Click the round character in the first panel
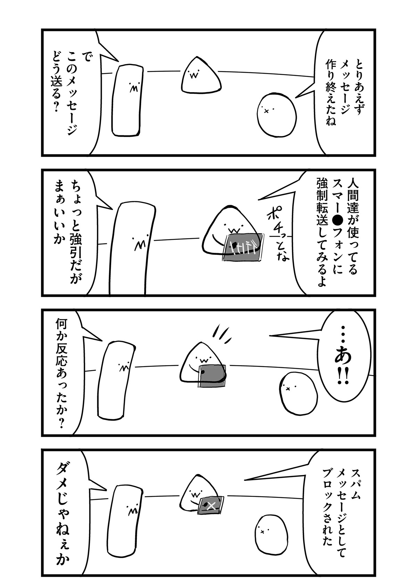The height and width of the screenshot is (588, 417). tap(277, 114)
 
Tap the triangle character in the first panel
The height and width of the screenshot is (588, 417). tap(201, 76)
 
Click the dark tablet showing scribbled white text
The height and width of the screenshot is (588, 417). tap(243, 247)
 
